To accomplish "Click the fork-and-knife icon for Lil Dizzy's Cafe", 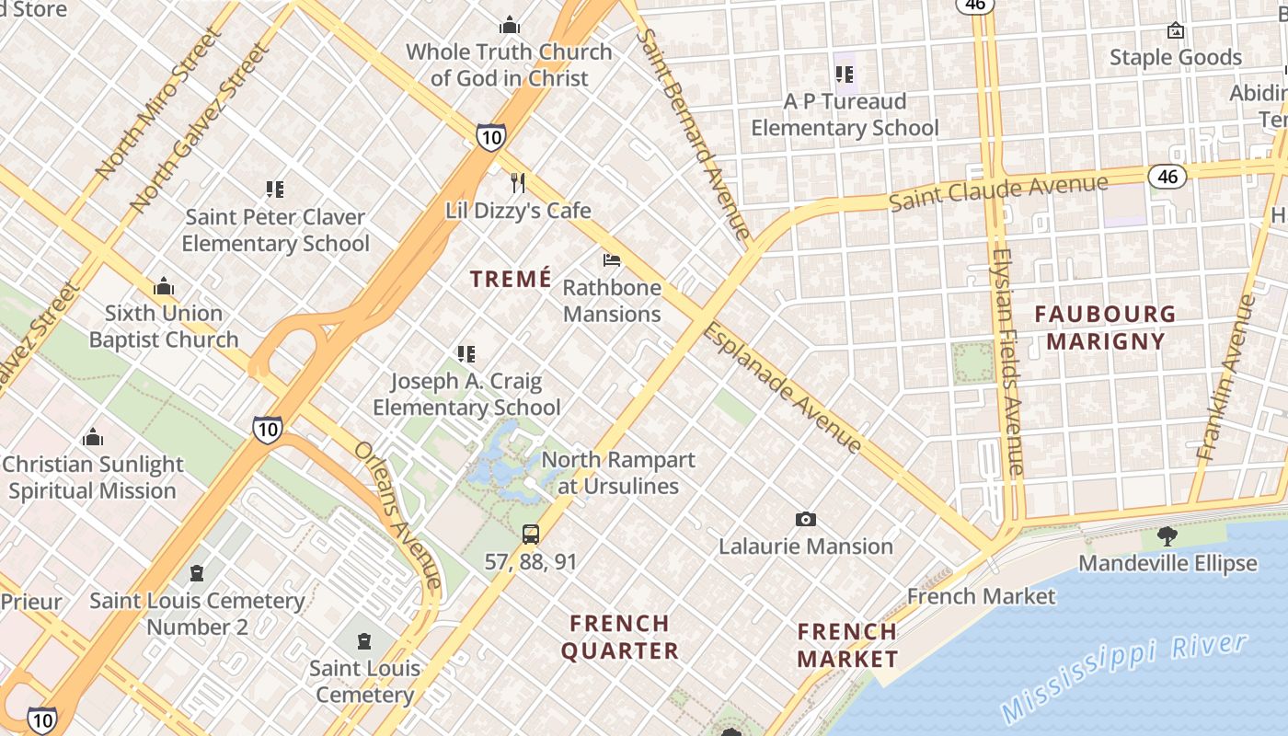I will coord(518,183).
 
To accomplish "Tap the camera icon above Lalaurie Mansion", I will coord(806,520).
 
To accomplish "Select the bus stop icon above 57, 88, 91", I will coord(531,535).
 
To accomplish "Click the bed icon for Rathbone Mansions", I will coord(612,260).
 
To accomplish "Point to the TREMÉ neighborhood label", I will coord(511,279).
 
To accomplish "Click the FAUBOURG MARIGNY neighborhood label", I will coord(1105,328).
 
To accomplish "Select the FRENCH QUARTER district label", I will coord(620,638).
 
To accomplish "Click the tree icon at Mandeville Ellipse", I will coord(1167,535).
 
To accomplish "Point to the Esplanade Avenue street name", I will coord(783,387).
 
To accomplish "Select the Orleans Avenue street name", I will coord(398,515).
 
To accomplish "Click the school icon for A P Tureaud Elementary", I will coord(845,75).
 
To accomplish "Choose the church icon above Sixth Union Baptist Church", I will coord(164,286).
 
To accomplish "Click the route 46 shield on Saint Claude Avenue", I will coord(1167,176).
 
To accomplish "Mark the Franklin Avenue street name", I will coord(1227,377).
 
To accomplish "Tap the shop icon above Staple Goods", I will coord(1175,30).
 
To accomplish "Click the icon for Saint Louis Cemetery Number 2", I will coord(196,574).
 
